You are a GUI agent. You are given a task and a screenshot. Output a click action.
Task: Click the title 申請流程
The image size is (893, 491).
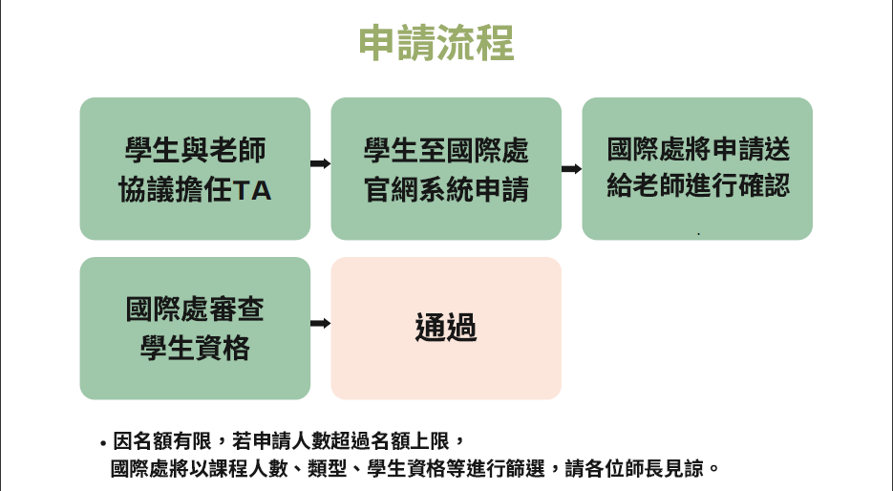point(436,43)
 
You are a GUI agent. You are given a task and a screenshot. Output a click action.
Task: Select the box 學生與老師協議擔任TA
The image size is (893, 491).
point(195,168)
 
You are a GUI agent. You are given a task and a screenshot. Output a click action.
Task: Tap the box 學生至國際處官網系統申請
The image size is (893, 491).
point(446,168)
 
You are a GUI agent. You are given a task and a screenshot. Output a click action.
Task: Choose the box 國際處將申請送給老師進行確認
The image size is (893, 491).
point(697,168)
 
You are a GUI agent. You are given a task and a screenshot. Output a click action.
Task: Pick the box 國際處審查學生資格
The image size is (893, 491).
point(195,328)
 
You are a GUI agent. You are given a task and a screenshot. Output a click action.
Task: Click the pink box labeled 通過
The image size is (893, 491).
point(446,328)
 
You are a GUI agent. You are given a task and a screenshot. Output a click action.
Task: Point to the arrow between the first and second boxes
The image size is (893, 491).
point(321,163)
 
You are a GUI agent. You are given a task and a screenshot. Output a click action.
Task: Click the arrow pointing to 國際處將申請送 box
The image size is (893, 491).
point(571,168)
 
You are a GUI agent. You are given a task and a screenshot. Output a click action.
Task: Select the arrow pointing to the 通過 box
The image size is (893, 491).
point(321,323)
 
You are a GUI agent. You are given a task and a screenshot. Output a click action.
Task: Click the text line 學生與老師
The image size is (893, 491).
point(195,150)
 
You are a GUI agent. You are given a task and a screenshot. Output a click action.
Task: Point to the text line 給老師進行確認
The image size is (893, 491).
point(698,184)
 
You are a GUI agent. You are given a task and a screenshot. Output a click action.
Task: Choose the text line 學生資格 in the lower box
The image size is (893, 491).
point(195,348)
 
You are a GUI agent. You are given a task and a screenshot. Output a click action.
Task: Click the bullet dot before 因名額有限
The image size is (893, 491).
point(102,444)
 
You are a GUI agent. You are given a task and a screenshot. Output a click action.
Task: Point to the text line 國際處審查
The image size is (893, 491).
point(195,310)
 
